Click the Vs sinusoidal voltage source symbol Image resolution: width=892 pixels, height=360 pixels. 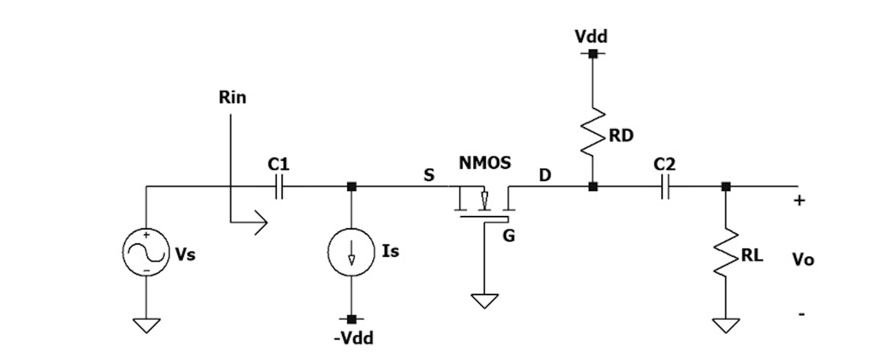click(146, 253)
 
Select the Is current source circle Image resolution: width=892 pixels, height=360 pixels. click(351, 252)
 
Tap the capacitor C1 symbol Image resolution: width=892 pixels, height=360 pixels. click(278, 187)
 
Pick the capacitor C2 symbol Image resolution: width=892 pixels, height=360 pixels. click(665, 187)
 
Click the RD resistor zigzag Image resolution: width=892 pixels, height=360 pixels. click(593, 134)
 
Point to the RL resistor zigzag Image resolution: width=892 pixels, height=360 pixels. click(725, 253)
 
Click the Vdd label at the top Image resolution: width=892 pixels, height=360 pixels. click(591, 36)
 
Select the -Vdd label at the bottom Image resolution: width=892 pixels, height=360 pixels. click(353, 338)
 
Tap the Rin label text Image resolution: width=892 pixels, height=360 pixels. click(232, 97)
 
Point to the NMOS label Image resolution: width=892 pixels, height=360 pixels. click(485, 163)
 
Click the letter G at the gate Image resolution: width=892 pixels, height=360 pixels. click(508, 235)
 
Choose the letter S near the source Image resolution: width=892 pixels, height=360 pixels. click(429, 175)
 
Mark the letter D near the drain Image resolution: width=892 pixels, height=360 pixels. click(545, 175)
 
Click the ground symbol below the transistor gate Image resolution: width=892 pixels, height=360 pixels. click(485, 300)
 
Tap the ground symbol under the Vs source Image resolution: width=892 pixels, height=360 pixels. click(146, 325)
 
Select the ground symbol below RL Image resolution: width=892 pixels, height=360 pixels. click(725, 325)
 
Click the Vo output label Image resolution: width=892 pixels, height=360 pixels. click(803, 260)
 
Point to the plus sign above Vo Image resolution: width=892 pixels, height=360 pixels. click(800, 200)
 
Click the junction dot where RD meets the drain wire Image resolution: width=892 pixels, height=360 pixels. click(593, 187)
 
